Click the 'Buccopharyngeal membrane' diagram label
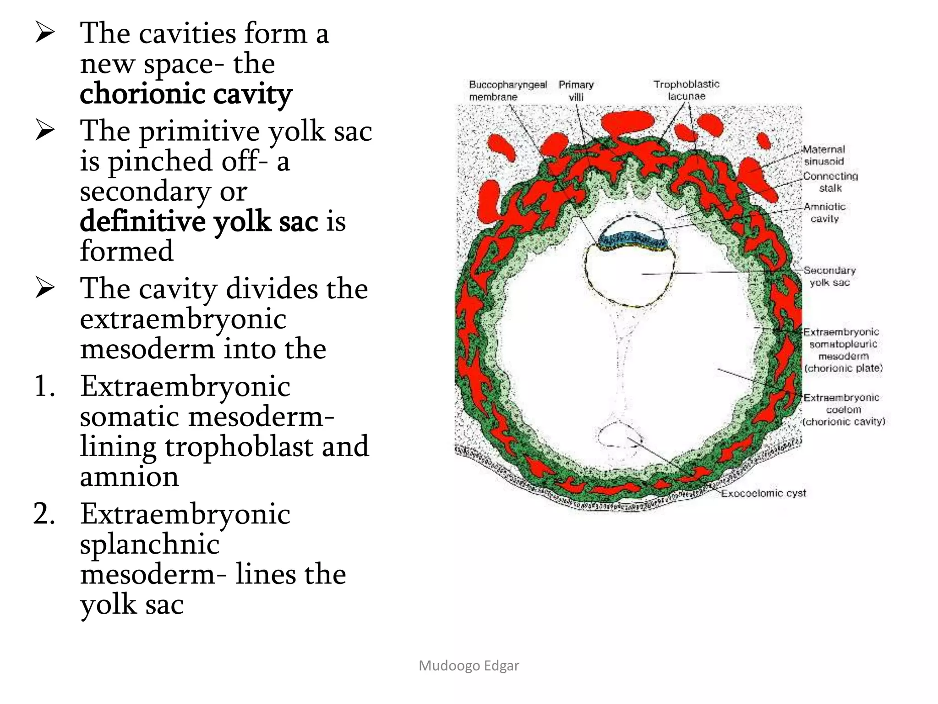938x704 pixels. coord(507,91)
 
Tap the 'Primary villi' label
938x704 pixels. coord(576,91)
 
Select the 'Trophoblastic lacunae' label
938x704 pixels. coord(686,90)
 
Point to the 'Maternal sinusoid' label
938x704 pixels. coord(824,155)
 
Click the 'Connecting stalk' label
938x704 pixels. coord(830,182)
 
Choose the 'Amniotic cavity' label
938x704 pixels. coord(824,213)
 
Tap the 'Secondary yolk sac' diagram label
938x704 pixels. coord(829,276)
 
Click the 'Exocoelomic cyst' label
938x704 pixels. coord(763,493)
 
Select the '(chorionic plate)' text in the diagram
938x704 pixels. coord(843,368)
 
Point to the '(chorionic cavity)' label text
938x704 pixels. coord(844,422)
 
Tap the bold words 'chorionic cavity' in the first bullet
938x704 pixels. coord(186,94)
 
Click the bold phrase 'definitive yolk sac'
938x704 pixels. coord(199,221)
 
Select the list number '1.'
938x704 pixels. coord(44,386)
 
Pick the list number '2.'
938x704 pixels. coord(44,514)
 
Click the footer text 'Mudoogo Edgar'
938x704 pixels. coord(469,665)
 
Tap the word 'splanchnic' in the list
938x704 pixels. coord(150,544)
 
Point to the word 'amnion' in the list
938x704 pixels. coord(130,477)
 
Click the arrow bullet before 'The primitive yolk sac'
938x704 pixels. coord(45,131)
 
